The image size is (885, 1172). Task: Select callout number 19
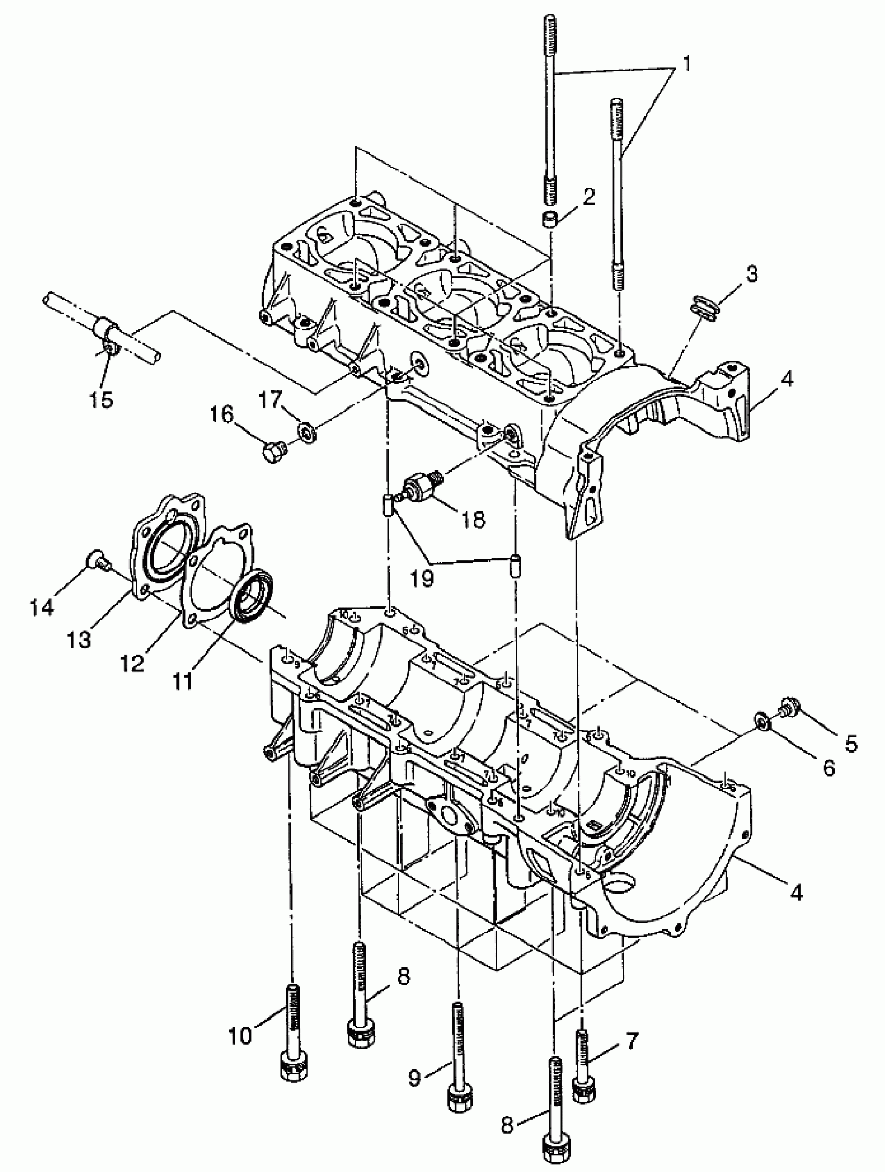[x=421, y=578]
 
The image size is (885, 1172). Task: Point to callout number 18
[x=473, y=519]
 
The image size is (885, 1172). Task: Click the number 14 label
[x=42, y=607]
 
